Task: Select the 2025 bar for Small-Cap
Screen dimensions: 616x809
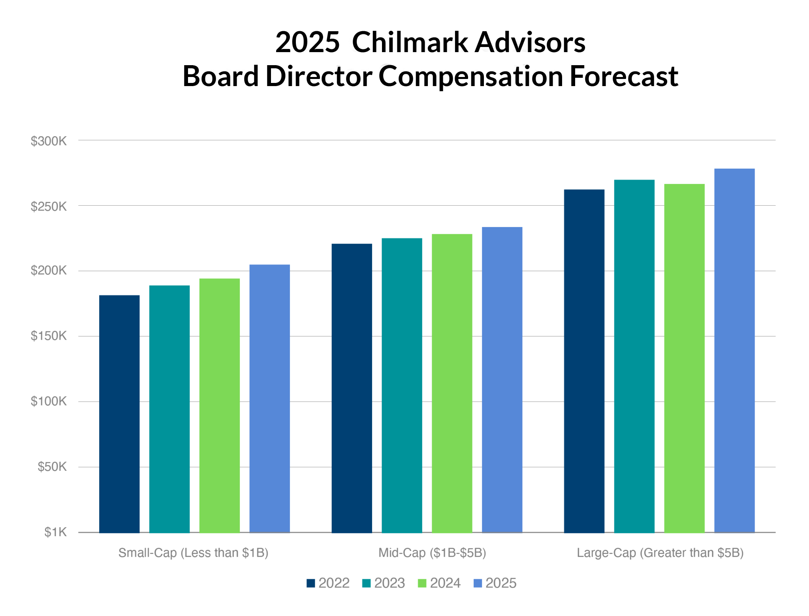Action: point(269,398)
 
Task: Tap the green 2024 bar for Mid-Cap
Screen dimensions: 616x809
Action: point(452,383)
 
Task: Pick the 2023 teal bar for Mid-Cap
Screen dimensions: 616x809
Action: point(402,385)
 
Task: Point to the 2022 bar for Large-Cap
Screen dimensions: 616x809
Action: point(584,361)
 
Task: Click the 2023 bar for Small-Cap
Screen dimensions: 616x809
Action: point(169,409)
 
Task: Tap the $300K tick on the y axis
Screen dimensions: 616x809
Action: point(49,141)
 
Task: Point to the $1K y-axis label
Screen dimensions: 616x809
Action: point(55,532)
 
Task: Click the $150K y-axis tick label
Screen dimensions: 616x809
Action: point(49,336)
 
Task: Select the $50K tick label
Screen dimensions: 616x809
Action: point(52,467)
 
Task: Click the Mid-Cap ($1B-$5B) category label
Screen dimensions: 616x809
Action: point(432,553)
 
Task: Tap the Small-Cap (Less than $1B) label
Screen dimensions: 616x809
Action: point(193,553)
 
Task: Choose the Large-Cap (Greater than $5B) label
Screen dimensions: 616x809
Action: point(660,553)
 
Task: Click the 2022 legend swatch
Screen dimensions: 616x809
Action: point(310,583)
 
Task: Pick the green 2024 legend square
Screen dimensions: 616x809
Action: point(422,583)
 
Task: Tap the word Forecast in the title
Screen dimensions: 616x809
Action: point(624,76)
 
